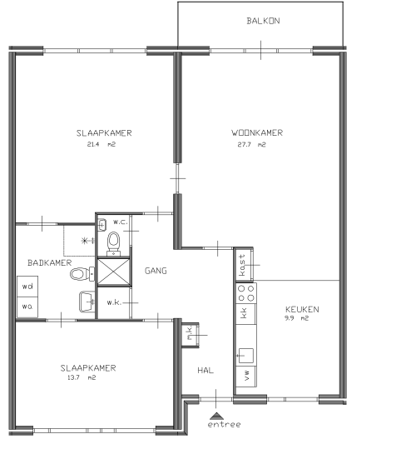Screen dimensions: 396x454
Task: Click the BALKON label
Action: (263, 21)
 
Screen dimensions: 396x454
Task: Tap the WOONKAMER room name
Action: (257, 133)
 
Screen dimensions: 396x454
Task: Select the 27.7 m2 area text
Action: (251, 144)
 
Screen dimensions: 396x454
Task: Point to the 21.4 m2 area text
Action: (101, 144)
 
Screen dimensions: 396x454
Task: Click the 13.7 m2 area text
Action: (82, 377)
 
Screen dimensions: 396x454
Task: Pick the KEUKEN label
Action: (302, 310)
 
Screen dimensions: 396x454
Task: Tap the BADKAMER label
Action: (49, 263)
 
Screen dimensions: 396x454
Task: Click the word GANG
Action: (156, 271)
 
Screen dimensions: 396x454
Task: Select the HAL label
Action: (205, 371)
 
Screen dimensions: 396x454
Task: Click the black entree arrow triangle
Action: (216, 417)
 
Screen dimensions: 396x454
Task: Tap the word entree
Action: (224, 425)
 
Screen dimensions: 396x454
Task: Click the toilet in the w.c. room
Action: (114, 243)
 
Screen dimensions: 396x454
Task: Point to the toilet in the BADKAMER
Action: (82, 273)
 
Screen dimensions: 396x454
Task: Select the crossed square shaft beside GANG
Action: (114, 272)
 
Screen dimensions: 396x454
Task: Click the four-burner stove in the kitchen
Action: (246, 293)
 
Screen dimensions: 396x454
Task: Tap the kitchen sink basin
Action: (245, 355)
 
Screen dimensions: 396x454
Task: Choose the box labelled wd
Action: (27, 287)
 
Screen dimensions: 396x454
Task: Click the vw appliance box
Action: (246, 377)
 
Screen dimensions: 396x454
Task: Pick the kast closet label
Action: (242, 265)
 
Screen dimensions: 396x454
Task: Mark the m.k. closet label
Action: (190, 333)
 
